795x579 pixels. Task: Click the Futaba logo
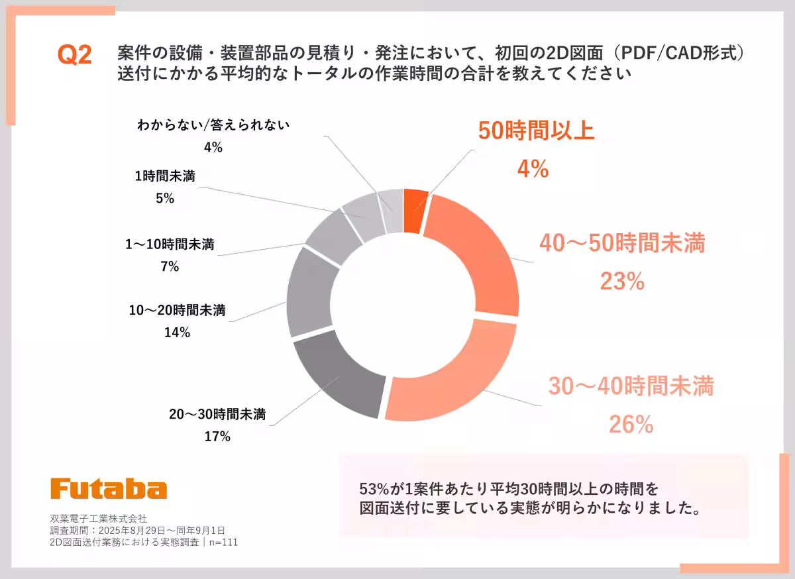tap(109, 489)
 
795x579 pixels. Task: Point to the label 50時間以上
tap(536, 131)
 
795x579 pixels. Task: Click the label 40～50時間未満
tap(621, 244)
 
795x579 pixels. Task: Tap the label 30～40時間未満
tap(631, 386)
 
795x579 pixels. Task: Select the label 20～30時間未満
tap(217, 415)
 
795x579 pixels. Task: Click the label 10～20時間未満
tap(177, 310)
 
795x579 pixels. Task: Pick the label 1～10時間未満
tap(170, 244)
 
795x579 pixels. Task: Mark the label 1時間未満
tap(165, 176)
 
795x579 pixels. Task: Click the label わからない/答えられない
tap(213, 125)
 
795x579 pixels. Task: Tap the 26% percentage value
tap(631, 424)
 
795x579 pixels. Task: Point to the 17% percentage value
tap(217, 437)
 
